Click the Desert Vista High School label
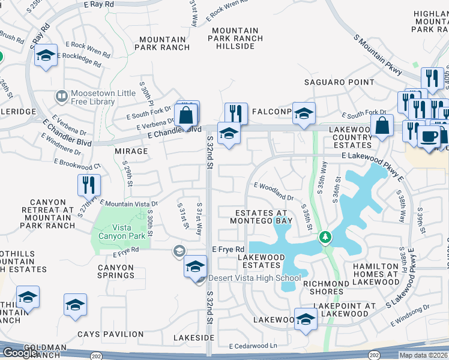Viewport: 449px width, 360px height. [x=254, y=278]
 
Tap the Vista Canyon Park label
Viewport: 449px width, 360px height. [x=121, y=232]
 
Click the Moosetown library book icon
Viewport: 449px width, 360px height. [x=61, y=96]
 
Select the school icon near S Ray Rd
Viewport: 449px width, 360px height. [x=46, y=56]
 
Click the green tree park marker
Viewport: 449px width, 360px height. [x=325, y=238]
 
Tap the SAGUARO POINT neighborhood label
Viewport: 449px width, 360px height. [x=339, y=82]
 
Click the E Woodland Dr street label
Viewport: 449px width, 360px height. [x=274, y=193]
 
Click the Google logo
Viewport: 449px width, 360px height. [x=20, y=353]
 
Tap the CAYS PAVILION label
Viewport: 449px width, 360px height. [x=110, y=334]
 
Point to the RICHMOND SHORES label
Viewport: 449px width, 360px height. [x=327, y=287]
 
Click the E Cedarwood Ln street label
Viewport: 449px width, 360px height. [x=253, y=346]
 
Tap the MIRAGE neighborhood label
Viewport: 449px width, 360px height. [x=131, y=151]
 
